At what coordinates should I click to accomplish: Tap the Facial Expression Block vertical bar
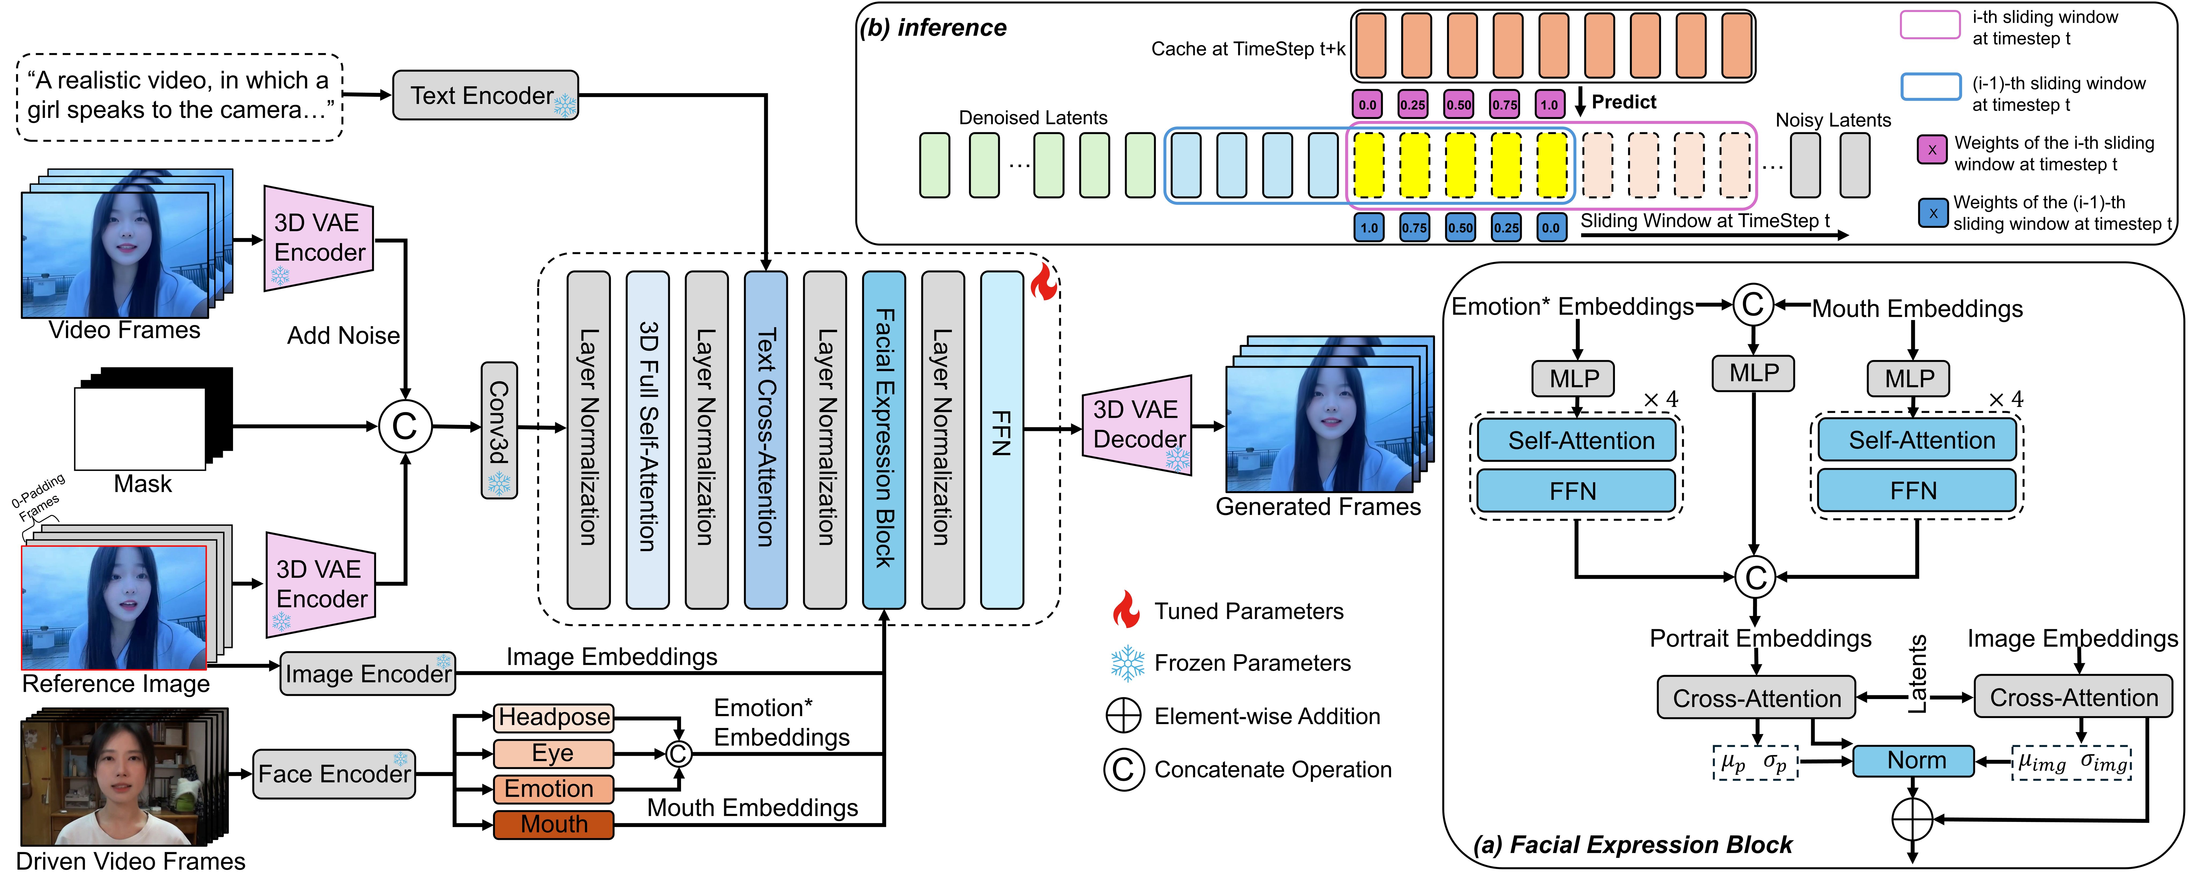coord(883,439)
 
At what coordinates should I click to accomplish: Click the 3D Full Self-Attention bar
coord(647,439)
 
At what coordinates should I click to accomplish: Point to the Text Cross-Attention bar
coord(765,439)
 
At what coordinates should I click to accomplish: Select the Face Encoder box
coord(334,773)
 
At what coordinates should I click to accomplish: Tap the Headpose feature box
coord(554,717)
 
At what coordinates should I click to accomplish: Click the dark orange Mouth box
coord(554,824)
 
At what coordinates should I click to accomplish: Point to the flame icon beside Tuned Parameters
coord(1125,610)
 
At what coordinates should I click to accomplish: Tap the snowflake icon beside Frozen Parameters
coord(1127,663)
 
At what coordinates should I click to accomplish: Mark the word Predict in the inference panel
coord(1623,102)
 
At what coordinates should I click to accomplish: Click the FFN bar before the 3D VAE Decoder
coord(1002,439)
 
